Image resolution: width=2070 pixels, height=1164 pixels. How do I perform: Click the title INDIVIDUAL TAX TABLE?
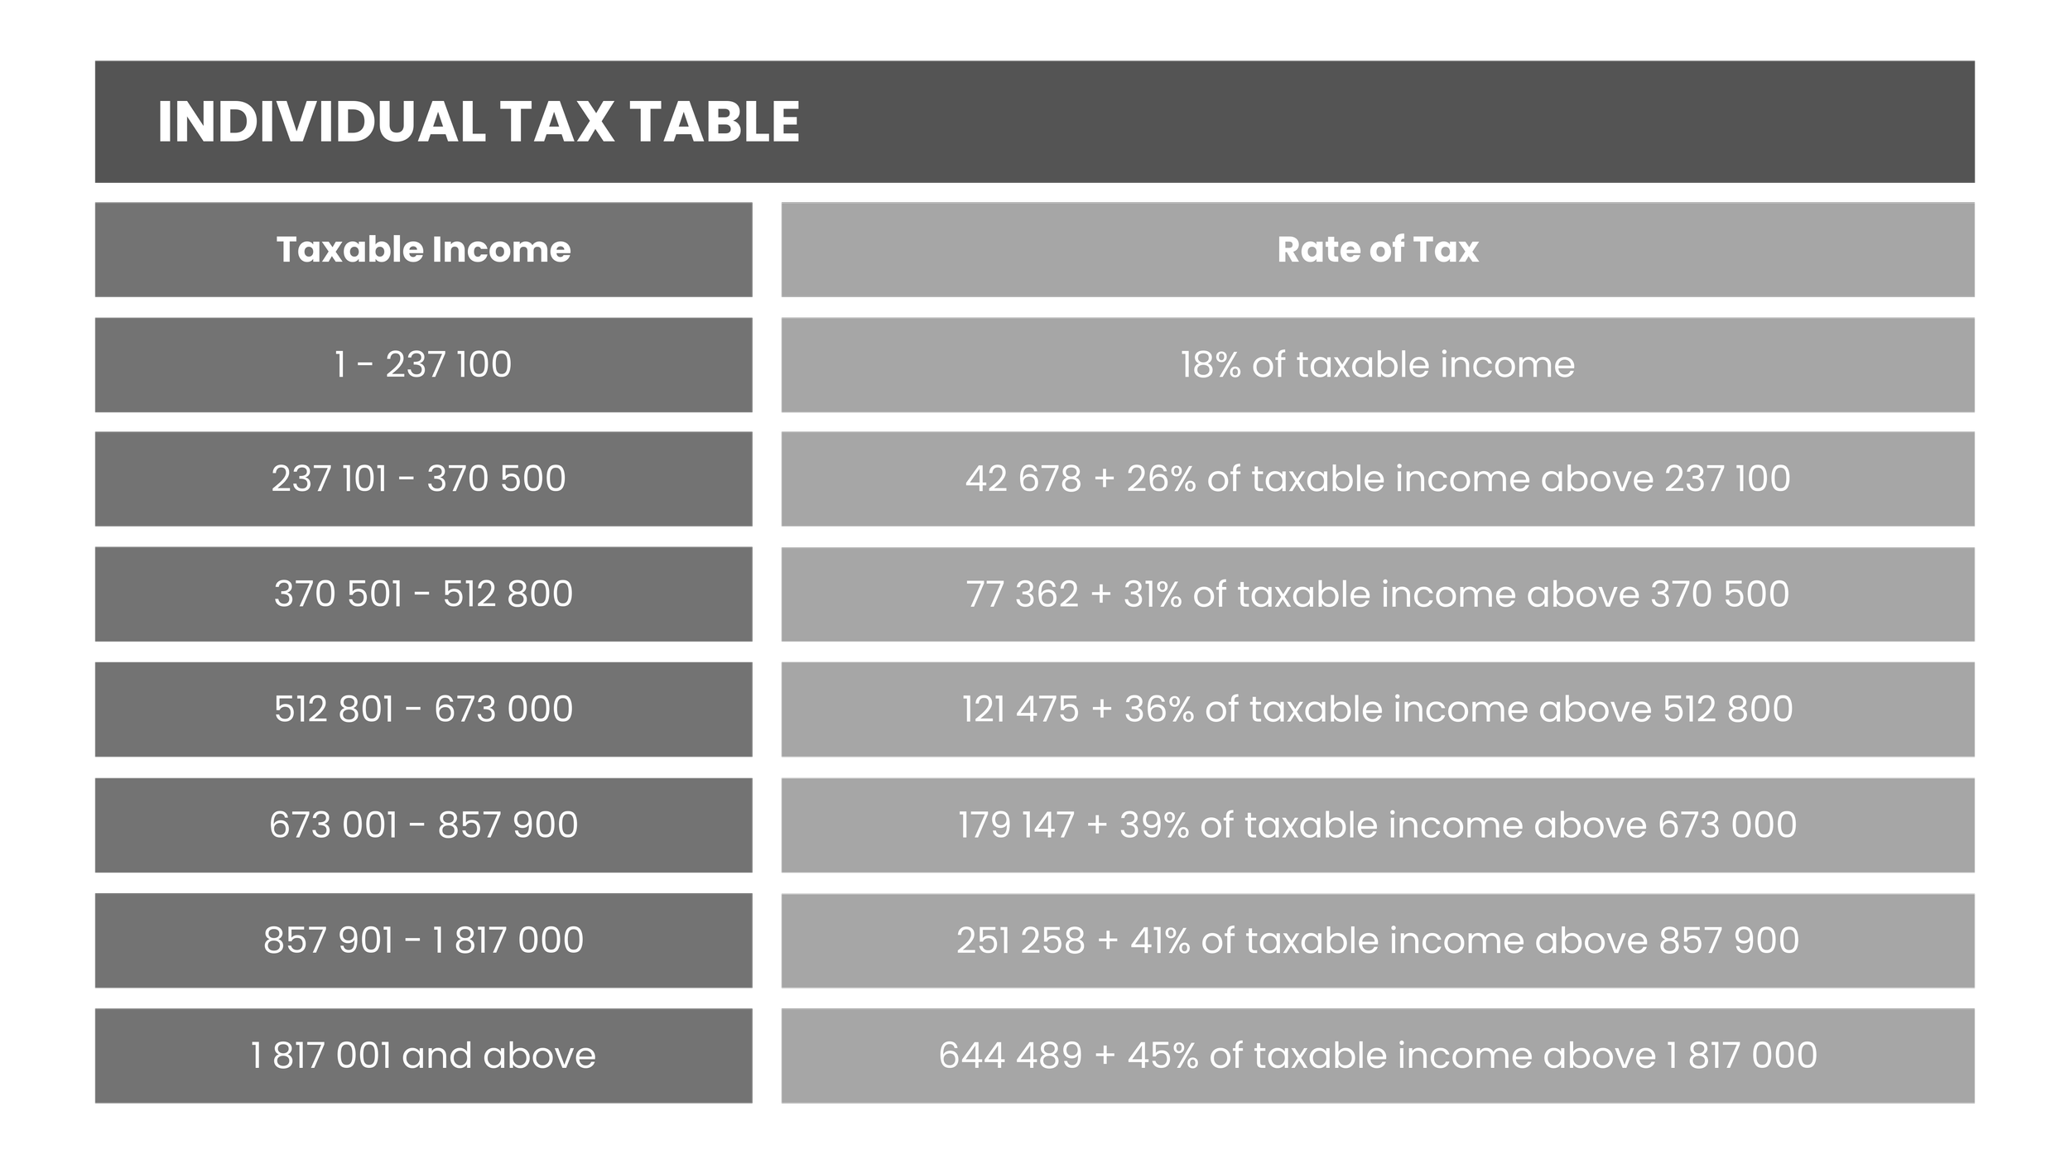tap(479, 122)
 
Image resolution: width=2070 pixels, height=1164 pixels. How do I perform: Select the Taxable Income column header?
tap(423, 249)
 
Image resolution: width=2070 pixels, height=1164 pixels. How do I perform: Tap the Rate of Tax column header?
tap(1377, 249)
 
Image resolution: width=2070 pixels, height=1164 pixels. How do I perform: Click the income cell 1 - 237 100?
tap(423, 364)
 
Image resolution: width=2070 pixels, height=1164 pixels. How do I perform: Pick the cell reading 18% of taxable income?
tap(1377, 364)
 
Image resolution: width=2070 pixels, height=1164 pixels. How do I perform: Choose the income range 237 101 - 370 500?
tap(419, 479)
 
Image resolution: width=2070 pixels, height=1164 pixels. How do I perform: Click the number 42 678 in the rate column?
tap(1023, 479)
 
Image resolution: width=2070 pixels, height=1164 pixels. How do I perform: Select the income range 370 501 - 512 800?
tap(423, 594)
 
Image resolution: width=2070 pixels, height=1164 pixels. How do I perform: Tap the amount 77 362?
tap(1022, 594)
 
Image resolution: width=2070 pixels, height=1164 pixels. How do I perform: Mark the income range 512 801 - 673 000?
tap(423, 709)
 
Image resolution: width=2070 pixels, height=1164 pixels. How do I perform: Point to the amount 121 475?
tap(1020, 709)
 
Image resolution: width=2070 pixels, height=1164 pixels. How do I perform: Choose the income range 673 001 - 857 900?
tap(423, 825)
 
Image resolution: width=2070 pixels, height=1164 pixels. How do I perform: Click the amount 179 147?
tap(1016, 825)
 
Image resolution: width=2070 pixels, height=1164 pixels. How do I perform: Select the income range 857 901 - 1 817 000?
tap(423, 940)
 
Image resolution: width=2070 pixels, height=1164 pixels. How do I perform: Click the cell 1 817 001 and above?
tap(423, 1055)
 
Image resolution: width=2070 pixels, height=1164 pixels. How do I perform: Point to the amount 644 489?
tap(1010, 1055)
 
